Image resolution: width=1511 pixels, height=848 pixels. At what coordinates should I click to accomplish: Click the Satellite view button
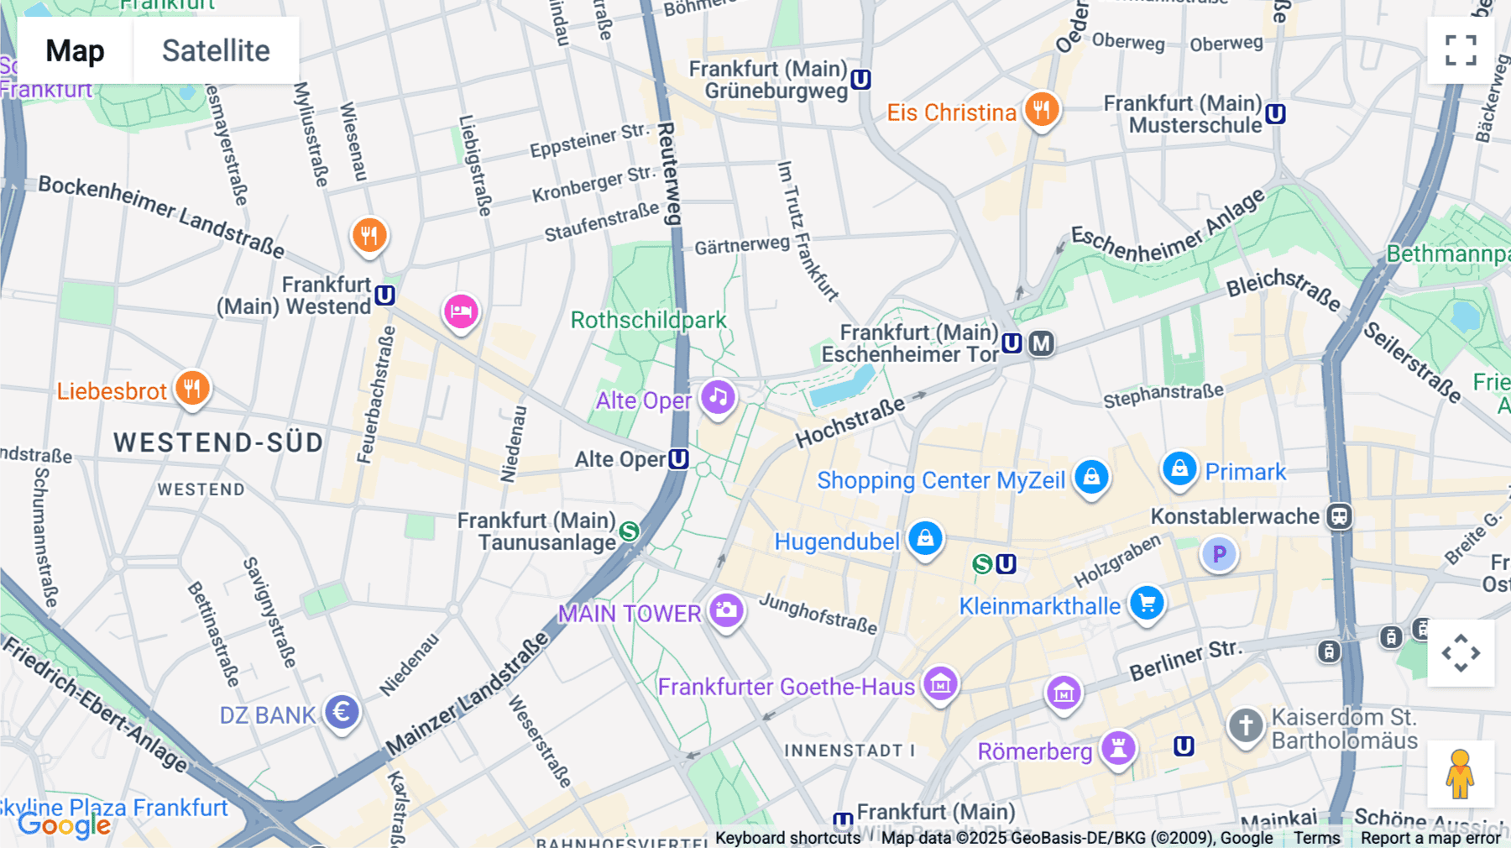[x=216, y=50]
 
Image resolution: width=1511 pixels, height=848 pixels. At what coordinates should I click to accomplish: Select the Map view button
[x=75, y=50]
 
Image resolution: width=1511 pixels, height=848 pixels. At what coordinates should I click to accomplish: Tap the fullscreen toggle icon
[x=1461, y=50]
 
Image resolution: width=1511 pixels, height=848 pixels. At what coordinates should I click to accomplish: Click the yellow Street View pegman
[x=1460, y=773]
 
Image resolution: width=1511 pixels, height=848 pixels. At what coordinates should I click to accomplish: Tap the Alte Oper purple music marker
[x=719, y=397]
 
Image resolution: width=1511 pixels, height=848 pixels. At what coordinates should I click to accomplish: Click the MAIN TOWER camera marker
[x=726, y=610]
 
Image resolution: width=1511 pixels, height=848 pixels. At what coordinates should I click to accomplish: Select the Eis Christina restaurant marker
[x=1041, y=109]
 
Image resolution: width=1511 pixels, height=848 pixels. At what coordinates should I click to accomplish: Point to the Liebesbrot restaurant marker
[x=192, y=388]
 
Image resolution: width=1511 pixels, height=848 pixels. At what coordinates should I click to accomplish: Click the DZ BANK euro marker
[x=342, y=712]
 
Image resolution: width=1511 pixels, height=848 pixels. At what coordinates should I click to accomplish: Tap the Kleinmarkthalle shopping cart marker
[x=1147, y=603]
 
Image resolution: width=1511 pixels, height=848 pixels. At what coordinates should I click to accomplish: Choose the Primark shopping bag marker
[x=1179, y=468]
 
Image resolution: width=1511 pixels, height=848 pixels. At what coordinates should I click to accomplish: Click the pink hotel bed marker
[x=461, y=311]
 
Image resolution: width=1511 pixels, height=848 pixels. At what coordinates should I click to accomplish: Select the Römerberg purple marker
[x=1118, y=746]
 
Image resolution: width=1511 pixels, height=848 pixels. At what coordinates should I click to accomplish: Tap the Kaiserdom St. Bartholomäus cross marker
[x=1246, y=725]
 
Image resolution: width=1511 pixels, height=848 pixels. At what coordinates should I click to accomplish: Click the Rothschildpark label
[x=648, y=320]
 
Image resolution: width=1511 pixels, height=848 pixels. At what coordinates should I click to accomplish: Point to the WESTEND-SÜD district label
[x=218, y=442]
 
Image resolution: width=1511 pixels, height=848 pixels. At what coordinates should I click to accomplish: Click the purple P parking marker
[x=1219, y=554]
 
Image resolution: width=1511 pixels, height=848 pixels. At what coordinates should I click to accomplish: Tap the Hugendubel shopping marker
[x=925, y=538]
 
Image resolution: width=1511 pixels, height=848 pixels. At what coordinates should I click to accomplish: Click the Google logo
[x=64, y=825]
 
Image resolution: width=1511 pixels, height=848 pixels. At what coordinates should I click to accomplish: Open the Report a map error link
[x=1430, y=838]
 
